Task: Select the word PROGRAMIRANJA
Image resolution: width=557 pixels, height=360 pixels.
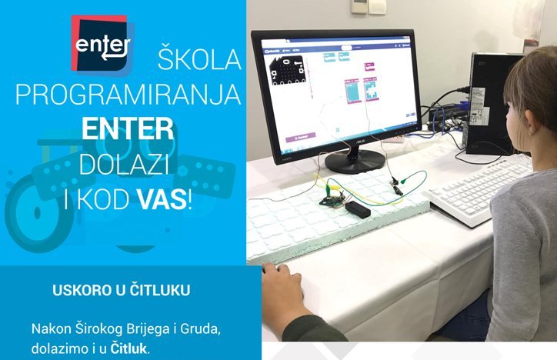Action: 128,94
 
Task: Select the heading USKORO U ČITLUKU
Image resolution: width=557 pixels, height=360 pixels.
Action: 122,292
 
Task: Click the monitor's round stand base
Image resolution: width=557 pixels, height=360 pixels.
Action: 353,161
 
